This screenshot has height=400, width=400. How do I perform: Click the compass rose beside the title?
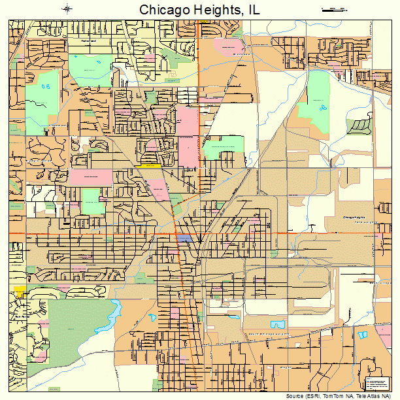[x=68, y=8]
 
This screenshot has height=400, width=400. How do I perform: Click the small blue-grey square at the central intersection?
[x=185, y=239]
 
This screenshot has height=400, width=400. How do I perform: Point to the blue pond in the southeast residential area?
[x=278, y=324]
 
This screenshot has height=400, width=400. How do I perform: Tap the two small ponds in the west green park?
[x=46, y=86]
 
